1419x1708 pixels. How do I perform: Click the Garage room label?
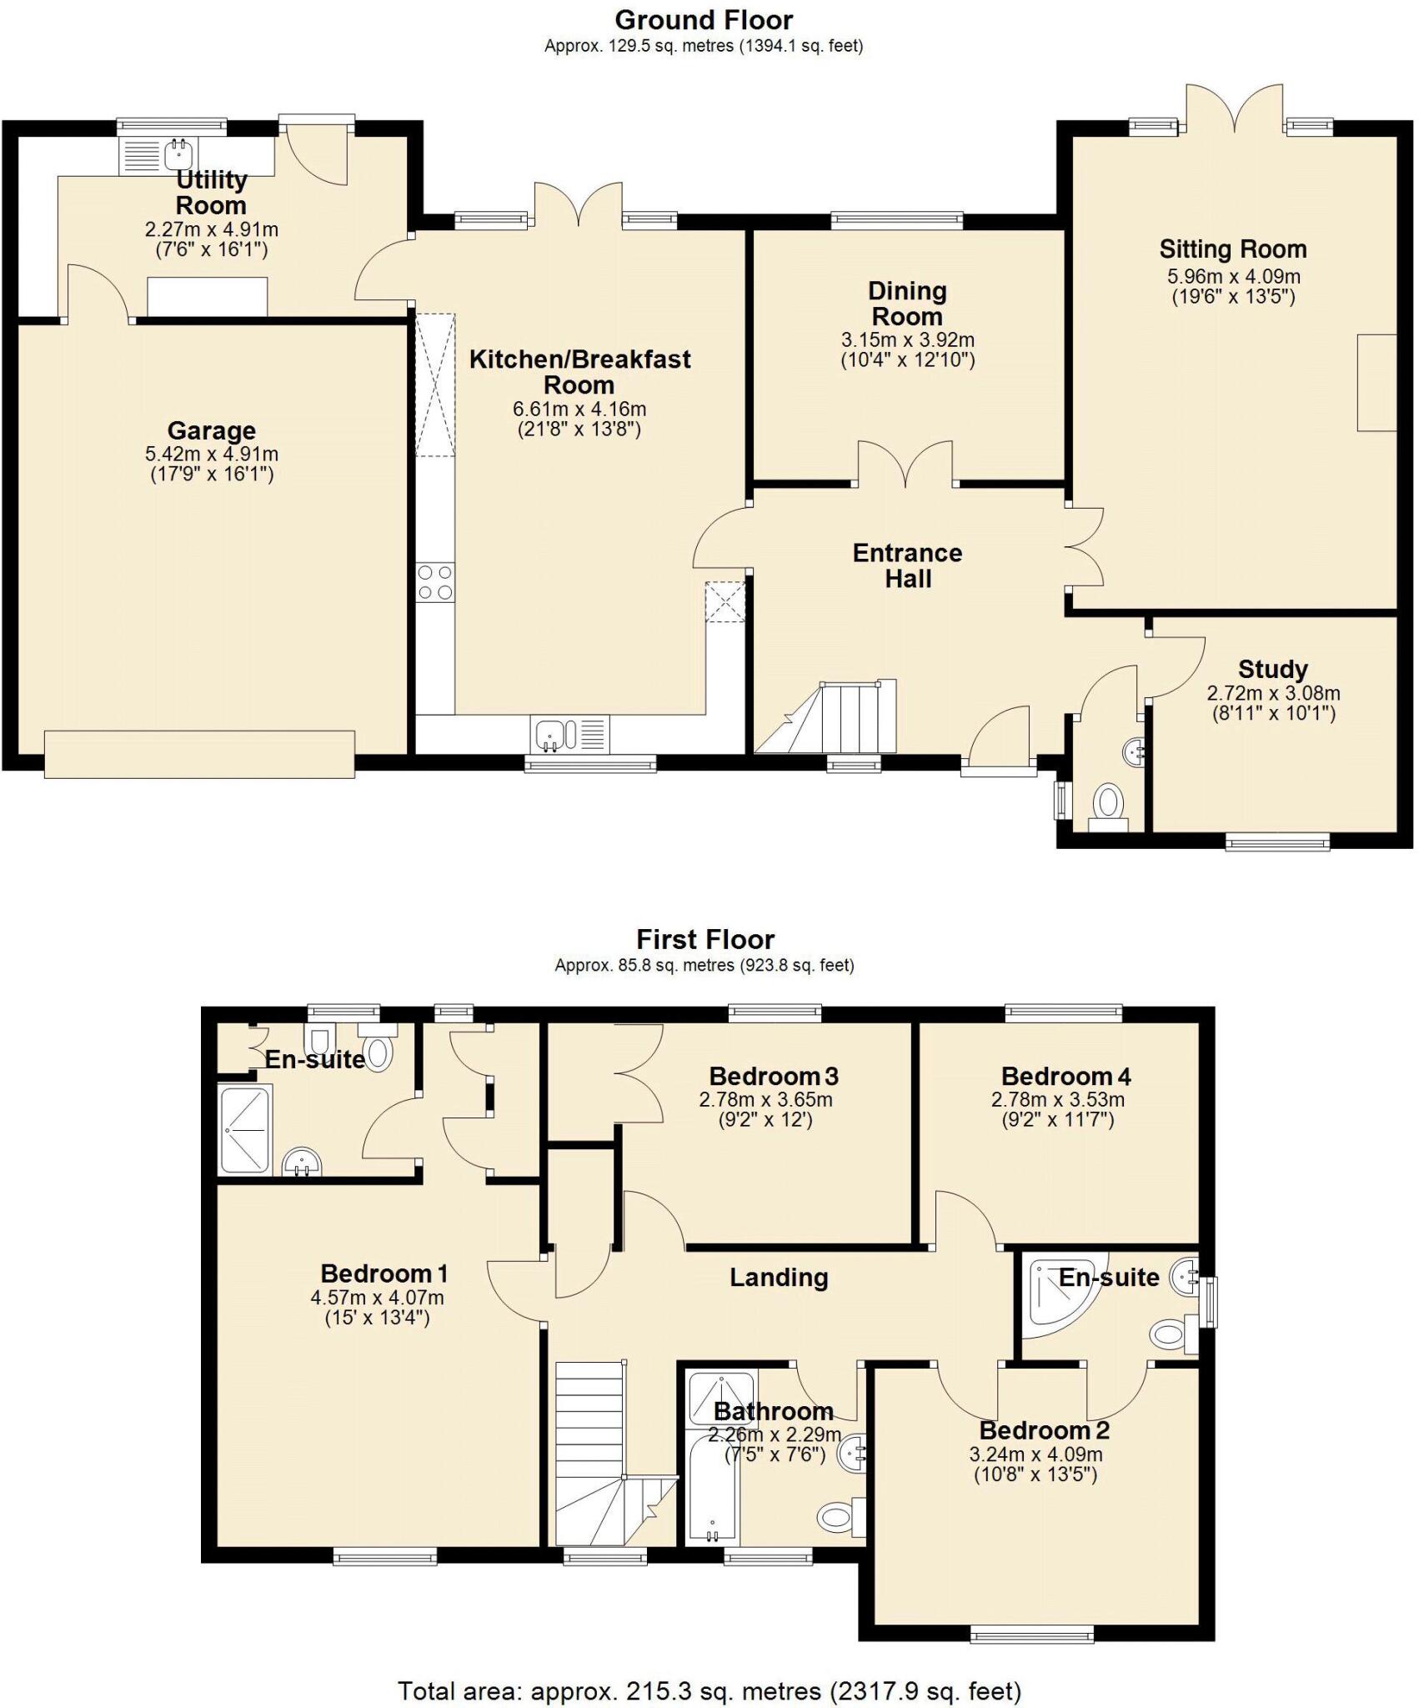[x=211, y=431]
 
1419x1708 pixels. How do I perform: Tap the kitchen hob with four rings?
[x=435, y=582]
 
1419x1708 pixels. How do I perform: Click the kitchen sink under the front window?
[x=554, y=735]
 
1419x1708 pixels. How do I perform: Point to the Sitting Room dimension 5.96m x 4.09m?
[x=1233, y=276]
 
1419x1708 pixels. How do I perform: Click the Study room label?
[x=1272, y=669]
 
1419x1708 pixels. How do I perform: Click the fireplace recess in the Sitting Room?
[x=1376, y=383]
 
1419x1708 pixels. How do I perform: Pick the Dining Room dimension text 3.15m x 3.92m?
[x=907, y=340]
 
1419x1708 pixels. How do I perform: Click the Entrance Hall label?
[x=907, y=565]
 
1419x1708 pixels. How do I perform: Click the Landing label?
[x=779, y=1278]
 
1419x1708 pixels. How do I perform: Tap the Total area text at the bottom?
[x=709, y=1684]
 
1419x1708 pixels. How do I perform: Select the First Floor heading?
[x=705, y=939]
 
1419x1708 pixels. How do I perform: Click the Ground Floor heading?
[x=704, y=19]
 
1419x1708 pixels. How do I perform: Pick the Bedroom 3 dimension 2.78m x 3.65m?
[x=765, y=1099]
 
